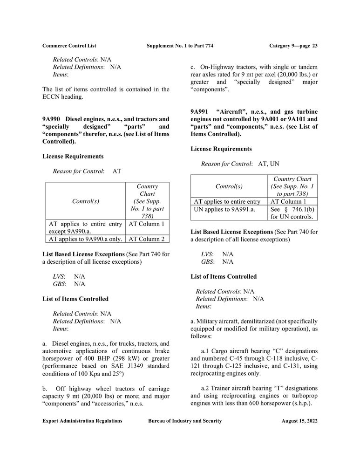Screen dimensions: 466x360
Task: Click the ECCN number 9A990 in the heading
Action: [51, 119]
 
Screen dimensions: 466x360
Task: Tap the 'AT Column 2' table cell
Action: [146, 239]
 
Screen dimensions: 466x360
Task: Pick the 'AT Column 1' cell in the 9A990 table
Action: [146, 224]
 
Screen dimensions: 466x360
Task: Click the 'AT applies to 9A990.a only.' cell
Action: [85, 239]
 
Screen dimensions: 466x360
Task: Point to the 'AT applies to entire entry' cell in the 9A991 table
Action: [227, 201]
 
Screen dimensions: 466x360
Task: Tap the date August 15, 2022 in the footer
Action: [299, 421]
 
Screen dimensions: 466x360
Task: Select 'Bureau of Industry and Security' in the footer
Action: [185, 421]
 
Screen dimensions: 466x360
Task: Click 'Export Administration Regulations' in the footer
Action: [82, 421]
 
